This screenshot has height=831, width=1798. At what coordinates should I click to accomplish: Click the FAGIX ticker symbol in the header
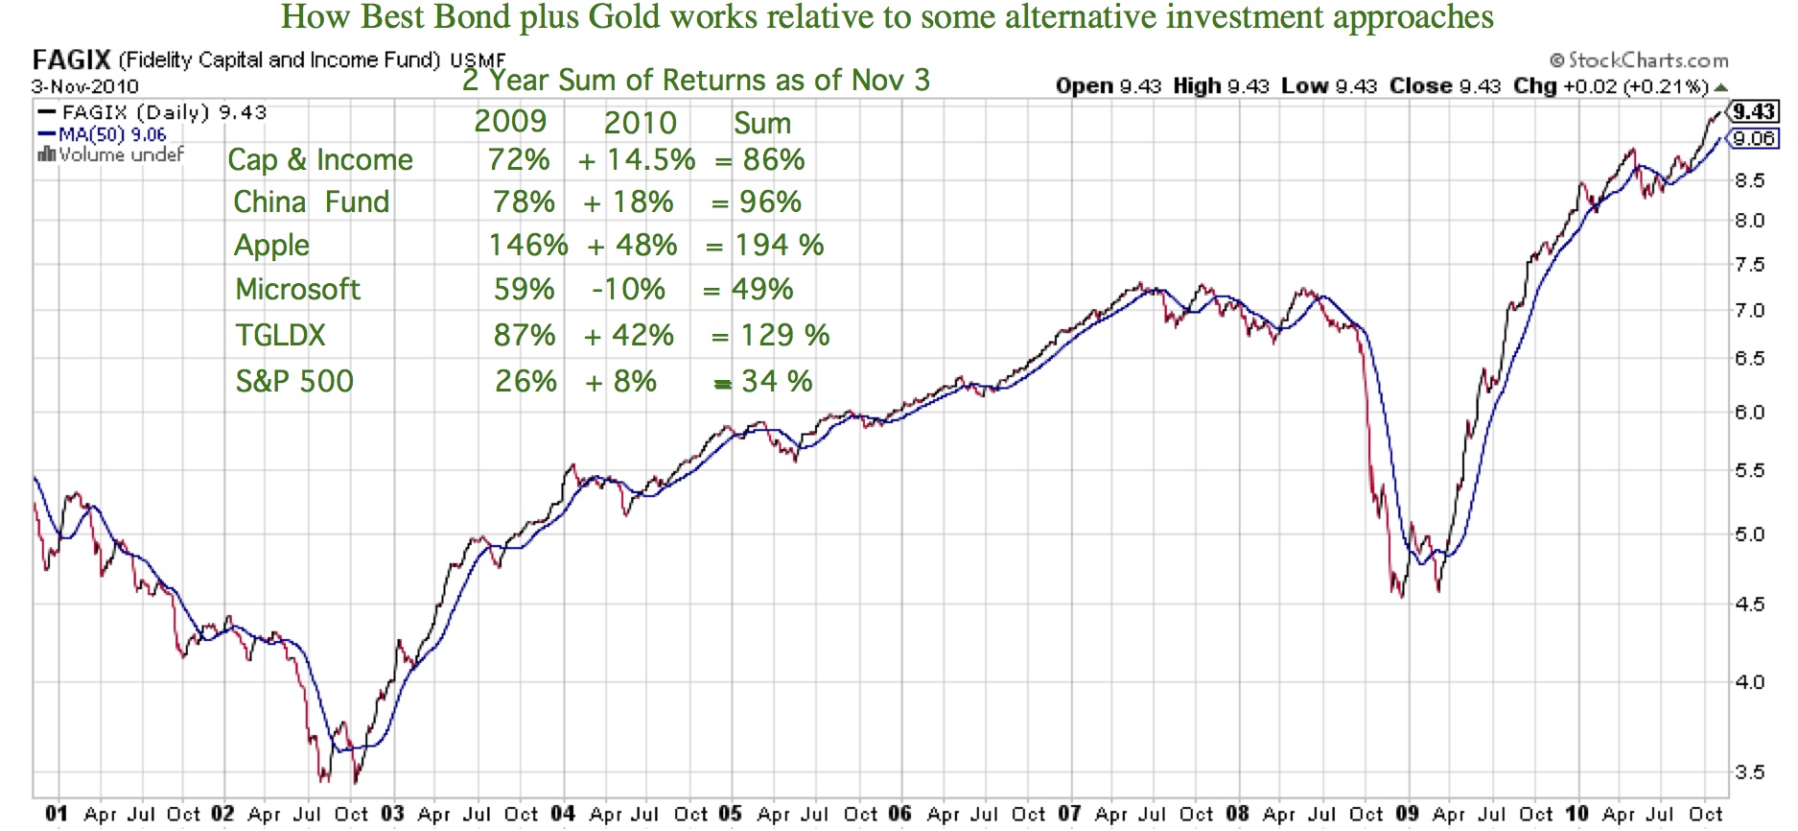point(72,59)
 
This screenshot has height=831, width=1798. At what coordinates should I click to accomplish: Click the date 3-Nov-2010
point(84,86)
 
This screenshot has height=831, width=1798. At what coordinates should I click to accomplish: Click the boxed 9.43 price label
point(1754,111)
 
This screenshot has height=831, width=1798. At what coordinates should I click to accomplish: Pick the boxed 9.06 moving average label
point(1754,138)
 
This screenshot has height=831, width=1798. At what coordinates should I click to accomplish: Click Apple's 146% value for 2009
point(528,245)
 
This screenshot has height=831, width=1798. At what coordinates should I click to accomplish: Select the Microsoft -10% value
point(628,289)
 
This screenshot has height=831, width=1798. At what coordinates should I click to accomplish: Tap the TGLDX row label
point(281,335)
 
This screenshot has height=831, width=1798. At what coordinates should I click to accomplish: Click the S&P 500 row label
point(294,381)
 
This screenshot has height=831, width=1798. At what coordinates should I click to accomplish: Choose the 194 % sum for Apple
point(779,245)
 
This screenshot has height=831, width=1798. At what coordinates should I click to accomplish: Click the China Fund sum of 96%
point(770,202)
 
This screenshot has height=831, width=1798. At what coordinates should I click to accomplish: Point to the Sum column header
point(762,123)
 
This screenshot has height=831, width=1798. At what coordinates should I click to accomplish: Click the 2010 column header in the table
point(641,123)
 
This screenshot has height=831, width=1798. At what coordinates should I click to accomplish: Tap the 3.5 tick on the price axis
point(1750,772)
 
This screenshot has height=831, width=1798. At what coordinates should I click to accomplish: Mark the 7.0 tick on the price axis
point(1750,310)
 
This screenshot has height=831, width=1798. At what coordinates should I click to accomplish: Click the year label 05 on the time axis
point(730,815)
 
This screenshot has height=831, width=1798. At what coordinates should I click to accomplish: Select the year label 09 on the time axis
point(1407,815)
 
